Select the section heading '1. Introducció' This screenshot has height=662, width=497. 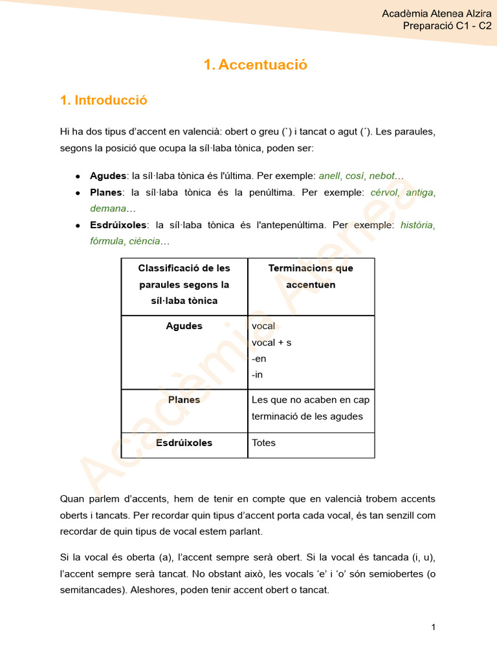point(104,100)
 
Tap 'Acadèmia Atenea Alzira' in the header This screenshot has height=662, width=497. point(437,14)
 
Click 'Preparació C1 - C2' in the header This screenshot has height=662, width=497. point(447,26)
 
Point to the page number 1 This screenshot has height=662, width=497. point(433,627)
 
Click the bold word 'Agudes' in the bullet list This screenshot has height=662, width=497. point(108,176)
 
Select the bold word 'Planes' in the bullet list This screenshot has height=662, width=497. point(106,193)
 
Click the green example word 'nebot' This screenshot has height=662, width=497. point(381,176)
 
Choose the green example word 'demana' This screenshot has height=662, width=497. point(107,209)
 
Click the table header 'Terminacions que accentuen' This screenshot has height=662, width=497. point(311,276)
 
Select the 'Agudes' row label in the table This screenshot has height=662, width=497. point(184,326)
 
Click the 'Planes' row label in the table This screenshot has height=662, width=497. point(184,400)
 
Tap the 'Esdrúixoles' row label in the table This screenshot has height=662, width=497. point(184,443)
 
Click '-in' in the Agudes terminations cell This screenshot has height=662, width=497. point(257,375)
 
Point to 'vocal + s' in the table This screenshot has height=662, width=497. point(271,343)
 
